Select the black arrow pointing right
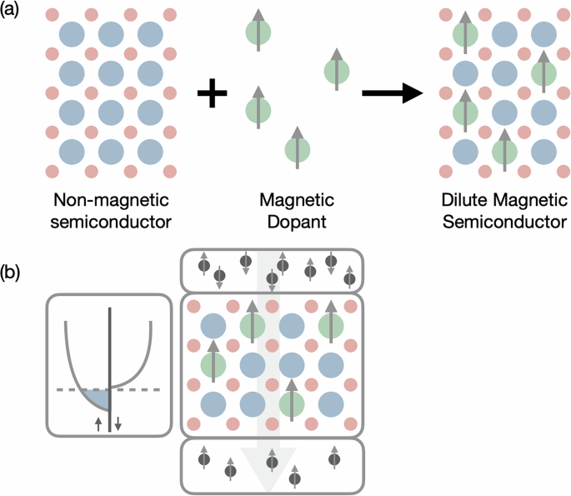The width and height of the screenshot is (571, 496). [x=393, y=93]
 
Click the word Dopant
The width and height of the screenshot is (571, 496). [x=296, y=222]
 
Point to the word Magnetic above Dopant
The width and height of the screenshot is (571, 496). [x=296, y=201]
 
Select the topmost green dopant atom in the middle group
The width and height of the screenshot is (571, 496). [x=258, y=34]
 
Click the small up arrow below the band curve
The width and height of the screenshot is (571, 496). [x=98, y=423]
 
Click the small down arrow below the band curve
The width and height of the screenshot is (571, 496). [x=118, y=423]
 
